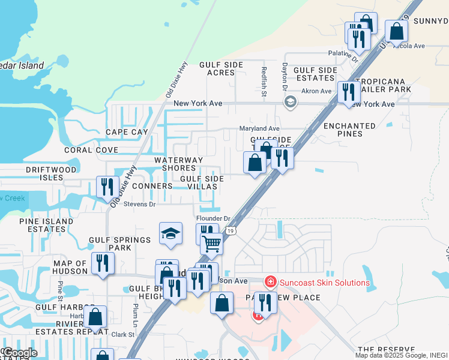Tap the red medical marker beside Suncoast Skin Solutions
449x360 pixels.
tap(270, 281)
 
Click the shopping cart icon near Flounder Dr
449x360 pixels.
tap(211, 244)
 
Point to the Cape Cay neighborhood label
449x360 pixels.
tap(127, 132)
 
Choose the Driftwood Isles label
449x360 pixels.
tap(51, 174)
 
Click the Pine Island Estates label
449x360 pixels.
tap(46, 225)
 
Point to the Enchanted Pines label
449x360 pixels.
tap(349, 130)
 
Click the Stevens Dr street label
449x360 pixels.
tap(139, 205)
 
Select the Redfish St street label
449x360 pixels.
tap(264, 81)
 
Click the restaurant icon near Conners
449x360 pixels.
tap(107, 187)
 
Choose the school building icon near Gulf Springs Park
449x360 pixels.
tap(170, 233)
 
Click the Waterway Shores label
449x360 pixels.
tap(178, 164)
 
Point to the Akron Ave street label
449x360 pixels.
tap(316, 91)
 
